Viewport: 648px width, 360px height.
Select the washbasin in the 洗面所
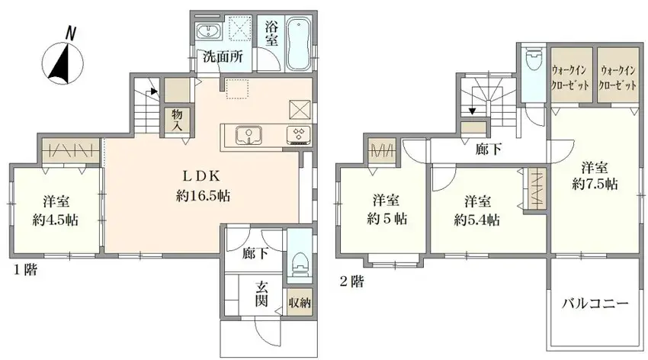click(x=207, y=32)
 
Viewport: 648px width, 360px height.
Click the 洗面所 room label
click(x=220, y=56)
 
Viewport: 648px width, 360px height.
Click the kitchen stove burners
click(x=297, y=136)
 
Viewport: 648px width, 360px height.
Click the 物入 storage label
click(x=177, y=119)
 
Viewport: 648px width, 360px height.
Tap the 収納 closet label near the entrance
click(x=300, y=302)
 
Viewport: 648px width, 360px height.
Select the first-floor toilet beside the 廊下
click(x=300, y=262)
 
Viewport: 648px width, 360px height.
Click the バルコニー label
click(x=595, y=304)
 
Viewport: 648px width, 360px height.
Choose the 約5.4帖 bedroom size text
click(x=476, y=220)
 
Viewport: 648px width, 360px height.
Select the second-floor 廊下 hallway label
click(x=489, y=149)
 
